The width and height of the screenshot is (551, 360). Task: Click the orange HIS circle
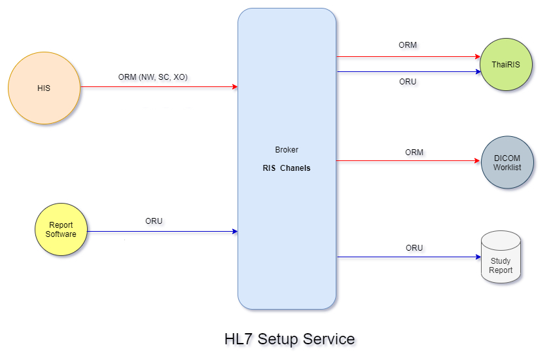[x=44, y=88]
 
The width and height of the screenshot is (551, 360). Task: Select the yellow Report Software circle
[x=61, y=230]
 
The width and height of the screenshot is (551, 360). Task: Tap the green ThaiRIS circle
[x=507, y=65]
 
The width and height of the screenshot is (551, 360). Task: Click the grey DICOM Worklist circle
[x=507, y=162]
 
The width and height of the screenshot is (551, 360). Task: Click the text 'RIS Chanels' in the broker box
[x=287, y=168]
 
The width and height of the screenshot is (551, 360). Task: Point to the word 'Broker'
[x=287, y=150]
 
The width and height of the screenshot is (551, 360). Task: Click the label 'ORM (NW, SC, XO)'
[x=153, y=77]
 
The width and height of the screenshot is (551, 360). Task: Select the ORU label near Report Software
[x=154, y=221]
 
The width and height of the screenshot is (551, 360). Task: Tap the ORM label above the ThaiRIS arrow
[x=408, y=46]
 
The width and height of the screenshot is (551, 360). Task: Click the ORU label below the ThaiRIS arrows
[x=408, y=82]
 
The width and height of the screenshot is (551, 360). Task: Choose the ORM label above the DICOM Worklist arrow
[x=414, y=153]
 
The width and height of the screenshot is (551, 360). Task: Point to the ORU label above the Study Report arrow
[x=414, y=248]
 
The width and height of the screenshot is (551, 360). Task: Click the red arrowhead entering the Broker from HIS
[x=234, y=86]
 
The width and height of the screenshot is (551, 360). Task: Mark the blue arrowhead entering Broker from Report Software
[x=234, y=231]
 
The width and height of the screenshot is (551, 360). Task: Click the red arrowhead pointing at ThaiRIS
[x=476, y=57]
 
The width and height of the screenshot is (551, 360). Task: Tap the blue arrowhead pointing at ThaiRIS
[x=476, y=71]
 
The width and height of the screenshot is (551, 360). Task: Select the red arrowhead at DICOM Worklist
[x=476, y=161]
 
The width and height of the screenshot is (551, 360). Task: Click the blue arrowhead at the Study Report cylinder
[x=477, y=257]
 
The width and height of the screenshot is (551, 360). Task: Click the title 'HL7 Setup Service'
[x=289, y=339]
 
